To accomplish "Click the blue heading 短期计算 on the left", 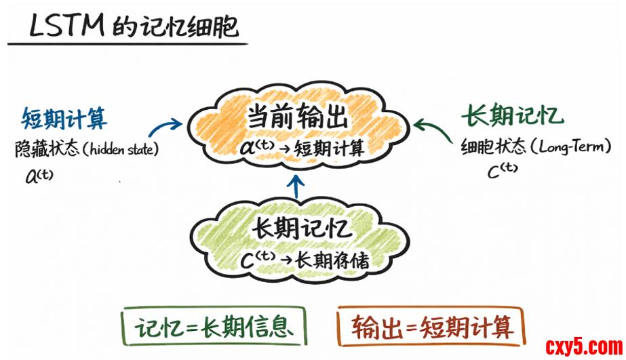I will pyautogui.click(x=64, y=118).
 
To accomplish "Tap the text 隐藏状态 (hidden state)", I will pyautogui.click(x=86, y=149).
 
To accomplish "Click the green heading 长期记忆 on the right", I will pyautogui.click(x=512, y=116).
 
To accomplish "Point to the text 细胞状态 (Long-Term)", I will pyautogui.click(x=536, y=146).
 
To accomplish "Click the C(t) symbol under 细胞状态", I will pyautogui.click(x=503, y=172).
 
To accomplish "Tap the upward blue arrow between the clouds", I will pyautogui.click(x=296, y=186).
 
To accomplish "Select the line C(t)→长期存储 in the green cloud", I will pyautogui.click(x=305, y=258).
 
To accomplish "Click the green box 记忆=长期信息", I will pyautogui.click(x=212, y=327).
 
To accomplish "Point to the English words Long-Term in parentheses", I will pyautogui.click(x=576, y=146).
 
